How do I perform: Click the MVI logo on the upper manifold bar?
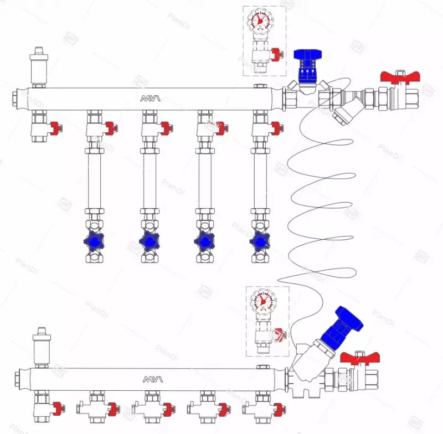click(x=150, y=99)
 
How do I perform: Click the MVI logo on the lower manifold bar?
click(x=150, y=379)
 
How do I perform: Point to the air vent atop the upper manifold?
click(x=38, y=65)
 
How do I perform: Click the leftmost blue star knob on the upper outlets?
click(x=94, y=242)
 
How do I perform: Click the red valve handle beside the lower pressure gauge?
click(x=281, y=334)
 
